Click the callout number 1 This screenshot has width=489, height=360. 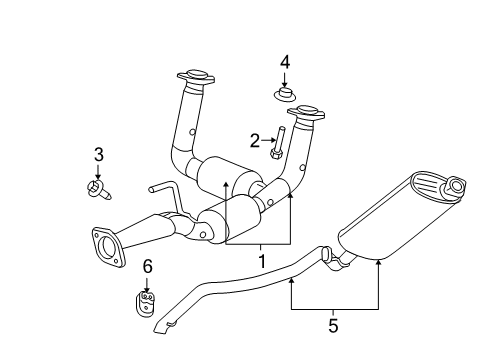[x=262, y=262]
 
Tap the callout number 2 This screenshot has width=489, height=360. [x=255, y=140]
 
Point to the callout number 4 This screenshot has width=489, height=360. [x=285, y=63]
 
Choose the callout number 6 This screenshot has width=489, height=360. [x=147, y=266]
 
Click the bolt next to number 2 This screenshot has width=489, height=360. [x=280, y=143]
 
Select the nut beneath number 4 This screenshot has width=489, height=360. [x=285, y=96]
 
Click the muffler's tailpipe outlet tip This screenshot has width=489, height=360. [x=456, y=185]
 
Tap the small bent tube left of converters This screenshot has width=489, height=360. [x=160, y=191]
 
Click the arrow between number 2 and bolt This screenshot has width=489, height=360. [x=267, y=140]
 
